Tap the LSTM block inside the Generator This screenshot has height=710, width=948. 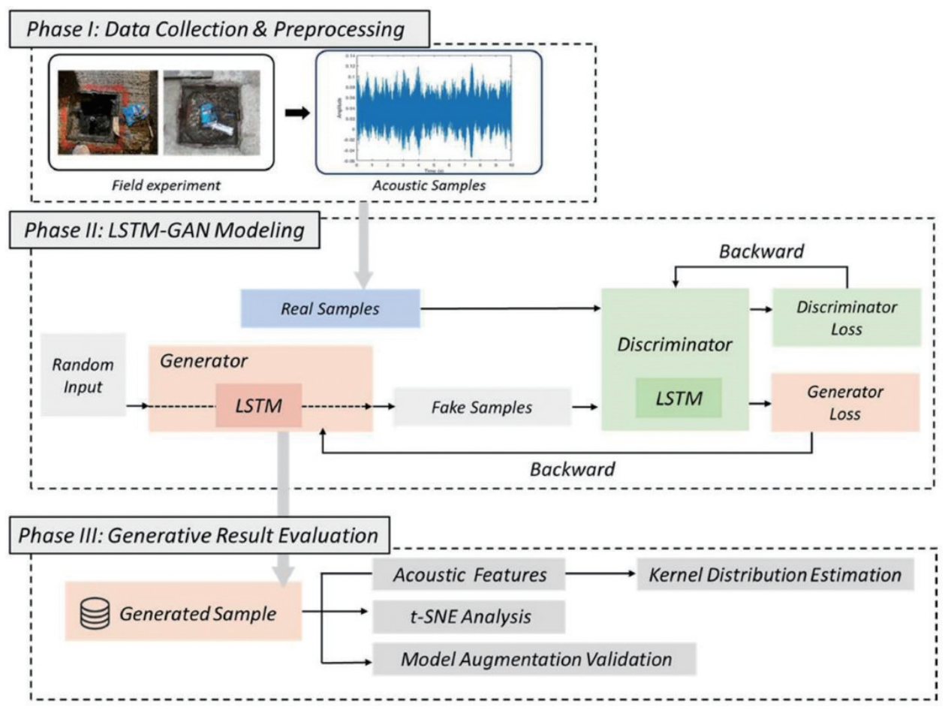[x=258, y=405]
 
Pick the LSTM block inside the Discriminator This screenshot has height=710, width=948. [x=678, y=399]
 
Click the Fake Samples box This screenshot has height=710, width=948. [x=481, y=408]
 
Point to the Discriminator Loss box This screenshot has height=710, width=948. [x=846, y=317]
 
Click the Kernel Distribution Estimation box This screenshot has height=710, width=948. [x=774, y=575]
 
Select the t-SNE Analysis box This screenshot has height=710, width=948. [x=468, y=617]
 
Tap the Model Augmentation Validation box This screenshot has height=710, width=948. [x=534, y=660]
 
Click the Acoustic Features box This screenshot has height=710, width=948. [x=469, y=575]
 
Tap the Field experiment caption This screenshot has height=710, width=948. [x=161, y=184]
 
